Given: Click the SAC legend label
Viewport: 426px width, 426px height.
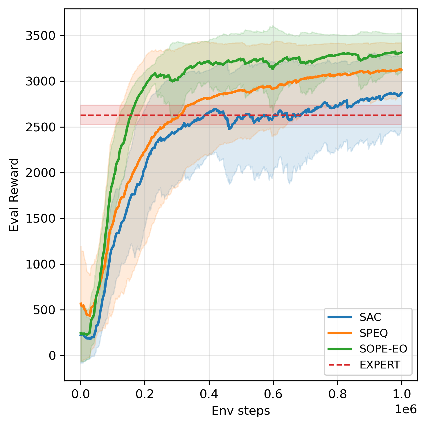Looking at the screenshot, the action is [370, 317].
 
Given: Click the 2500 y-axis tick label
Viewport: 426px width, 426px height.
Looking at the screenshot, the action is [40, 127].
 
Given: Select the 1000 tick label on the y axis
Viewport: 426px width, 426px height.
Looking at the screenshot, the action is [40, 264].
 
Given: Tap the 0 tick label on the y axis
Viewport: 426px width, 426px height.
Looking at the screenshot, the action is [52, 356].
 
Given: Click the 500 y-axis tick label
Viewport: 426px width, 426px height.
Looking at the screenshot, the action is [44, 310].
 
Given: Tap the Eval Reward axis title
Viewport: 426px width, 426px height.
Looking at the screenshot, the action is [14, 195].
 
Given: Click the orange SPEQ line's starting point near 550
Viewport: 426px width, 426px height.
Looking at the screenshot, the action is [80, 304].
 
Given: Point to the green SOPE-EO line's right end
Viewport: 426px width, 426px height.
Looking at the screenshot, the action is [402, 52].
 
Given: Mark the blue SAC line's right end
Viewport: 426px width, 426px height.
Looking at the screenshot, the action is [402, 93].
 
